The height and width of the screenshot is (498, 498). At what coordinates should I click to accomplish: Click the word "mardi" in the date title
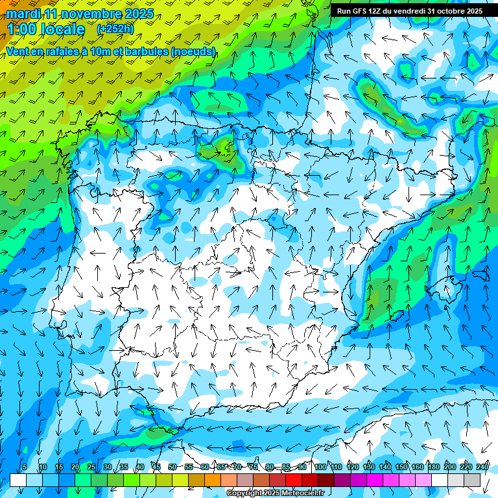[x=23, y=14]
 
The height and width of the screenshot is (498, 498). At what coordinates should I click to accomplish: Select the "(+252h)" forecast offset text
[x=115, y=29]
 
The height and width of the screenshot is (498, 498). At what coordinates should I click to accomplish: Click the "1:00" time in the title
[x=21, y=29]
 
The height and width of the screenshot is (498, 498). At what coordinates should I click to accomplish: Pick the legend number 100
[x=320, y=467]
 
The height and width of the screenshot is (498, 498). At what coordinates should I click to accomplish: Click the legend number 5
[x=25, y=467]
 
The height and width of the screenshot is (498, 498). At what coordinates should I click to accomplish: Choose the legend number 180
[x=433, y=467]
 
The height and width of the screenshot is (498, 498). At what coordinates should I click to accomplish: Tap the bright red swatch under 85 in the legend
[x=293, y=480]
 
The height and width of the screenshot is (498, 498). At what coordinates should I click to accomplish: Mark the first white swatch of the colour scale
[x=18, y=480]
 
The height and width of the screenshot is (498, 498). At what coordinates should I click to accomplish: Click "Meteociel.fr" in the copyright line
[x=302, y=493]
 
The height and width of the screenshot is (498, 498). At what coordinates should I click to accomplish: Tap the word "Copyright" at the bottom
[x=245, y=493]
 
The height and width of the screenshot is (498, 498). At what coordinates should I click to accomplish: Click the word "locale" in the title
[x=62, y=29]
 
